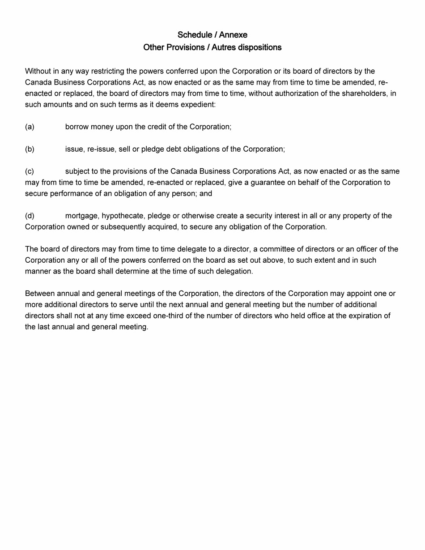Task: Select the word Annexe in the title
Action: (233, 35)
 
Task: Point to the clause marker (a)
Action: (30, 127)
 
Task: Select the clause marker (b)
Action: (30, 149)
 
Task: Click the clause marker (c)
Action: (30, 171)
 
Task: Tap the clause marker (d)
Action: (30, 216)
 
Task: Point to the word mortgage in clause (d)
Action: (82, 216)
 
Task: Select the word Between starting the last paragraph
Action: (39, 294)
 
